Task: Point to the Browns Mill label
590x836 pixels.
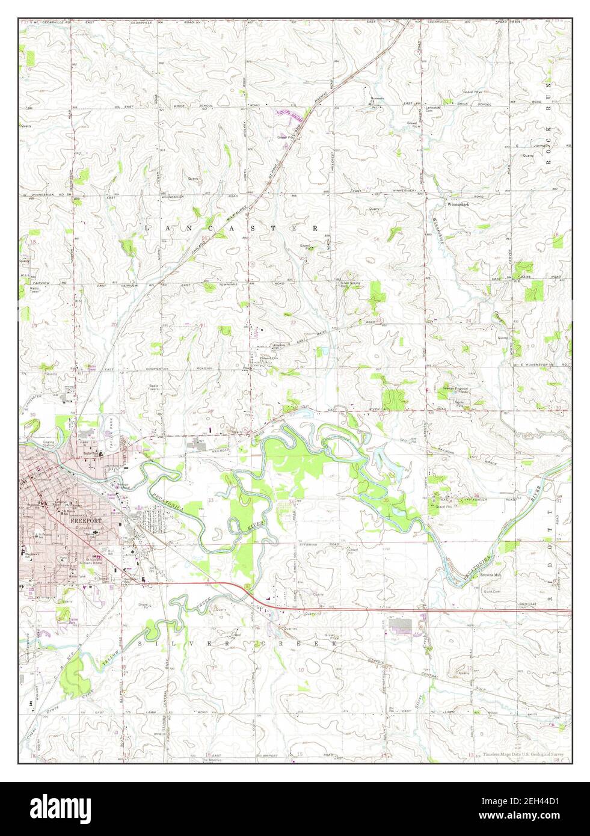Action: click(x=490, y=575)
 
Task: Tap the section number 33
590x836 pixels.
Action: click(x=210, y=500)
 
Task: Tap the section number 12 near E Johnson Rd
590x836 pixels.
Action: click(x=466, y=146)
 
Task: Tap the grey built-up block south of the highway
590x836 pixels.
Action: click(x=402, y=625)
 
